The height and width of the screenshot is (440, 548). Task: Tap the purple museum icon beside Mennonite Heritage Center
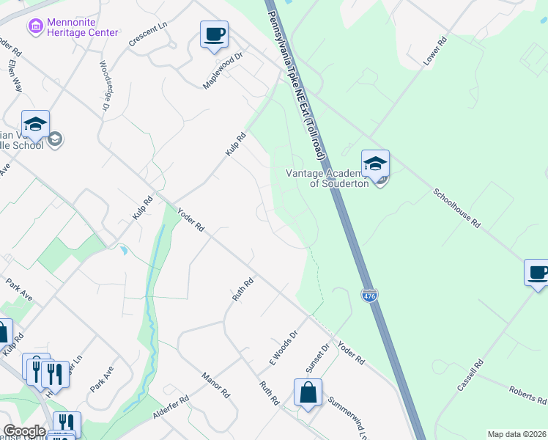tap(34, 27)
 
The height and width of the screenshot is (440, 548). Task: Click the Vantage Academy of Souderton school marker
tap(375, 165)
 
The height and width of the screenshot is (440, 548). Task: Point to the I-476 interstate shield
tap(369, 295)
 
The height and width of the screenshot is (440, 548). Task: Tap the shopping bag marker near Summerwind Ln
tap(308, 392)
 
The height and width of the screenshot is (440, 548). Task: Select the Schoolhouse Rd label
tap(456, 208)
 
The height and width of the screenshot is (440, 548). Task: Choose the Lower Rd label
tap(434, 52)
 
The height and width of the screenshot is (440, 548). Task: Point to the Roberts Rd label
tap(527, 395)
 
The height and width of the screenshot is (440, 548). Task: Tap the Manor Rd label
tap(215, 385)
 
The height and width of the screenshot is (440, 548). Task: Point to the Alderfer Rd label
tap(171, 409)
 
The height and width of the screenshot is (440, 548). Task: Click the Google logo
tap(24, 431)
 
